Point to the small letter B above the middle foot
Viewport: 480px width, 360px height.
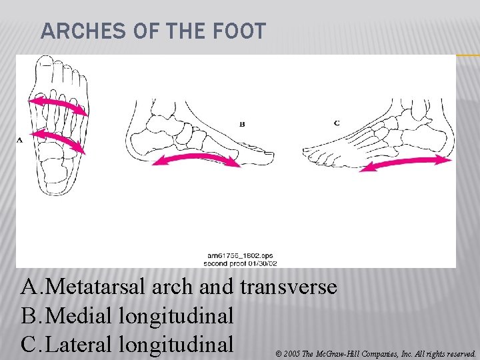243,123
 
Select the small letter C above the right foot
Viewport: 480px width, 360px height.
337,123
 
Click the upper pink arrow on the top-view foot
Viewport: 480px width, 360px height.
58,105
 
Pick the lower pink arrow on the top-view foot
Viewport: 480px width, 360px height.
58,141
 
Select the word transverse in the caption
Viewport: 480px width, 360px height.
288,287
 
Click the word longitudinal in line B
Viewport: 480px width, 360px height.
176,315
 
